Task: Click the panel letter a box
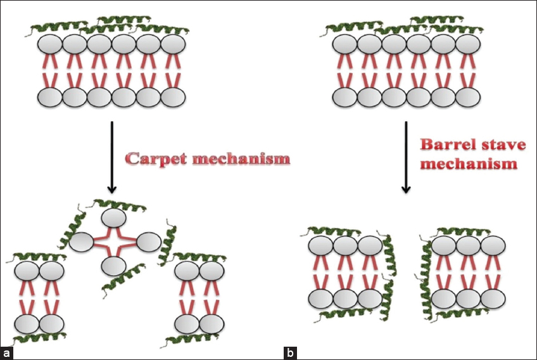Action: click(x=7, y=352)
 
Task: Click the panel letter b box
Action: click(x=290, y=352)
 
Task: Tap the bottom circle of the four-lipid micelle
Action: click(x=112, y=266)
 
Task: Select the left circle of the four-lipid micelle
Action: click(x=82, y=242)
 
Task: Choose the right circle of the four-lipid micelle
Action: click(x=148, y=242)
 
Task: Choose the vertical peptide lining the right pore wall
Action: click(x=426, y=279)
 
